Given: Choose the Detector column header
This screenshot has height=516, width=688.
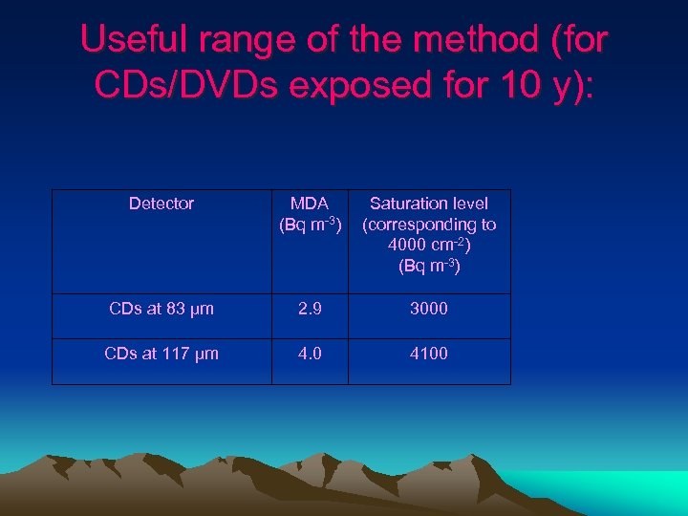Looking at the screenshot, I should pos(161,204).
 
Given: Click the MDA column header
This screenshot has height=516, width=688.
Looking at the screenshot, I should pos(310,204).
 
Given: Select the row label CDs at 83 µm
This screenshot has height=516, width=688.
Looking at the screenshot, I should pos(161,309).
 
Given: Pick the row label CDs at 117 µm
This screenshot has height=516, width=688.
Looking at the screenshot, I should pos(161,354).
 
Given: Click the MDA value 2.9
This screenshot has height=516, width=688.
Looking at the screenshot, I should pos(310,309).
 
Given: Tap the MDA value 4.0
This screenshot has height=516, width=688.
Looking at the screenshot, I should pos(310,354).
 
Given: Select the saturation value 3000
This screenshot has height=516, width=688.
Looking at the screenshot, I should pos(429,309).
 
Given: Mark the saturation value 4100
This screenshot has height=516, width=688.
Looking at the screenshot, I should pos(429,354).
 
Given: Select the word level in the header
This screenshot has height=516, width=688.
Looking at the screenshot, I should pos(469,204).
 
